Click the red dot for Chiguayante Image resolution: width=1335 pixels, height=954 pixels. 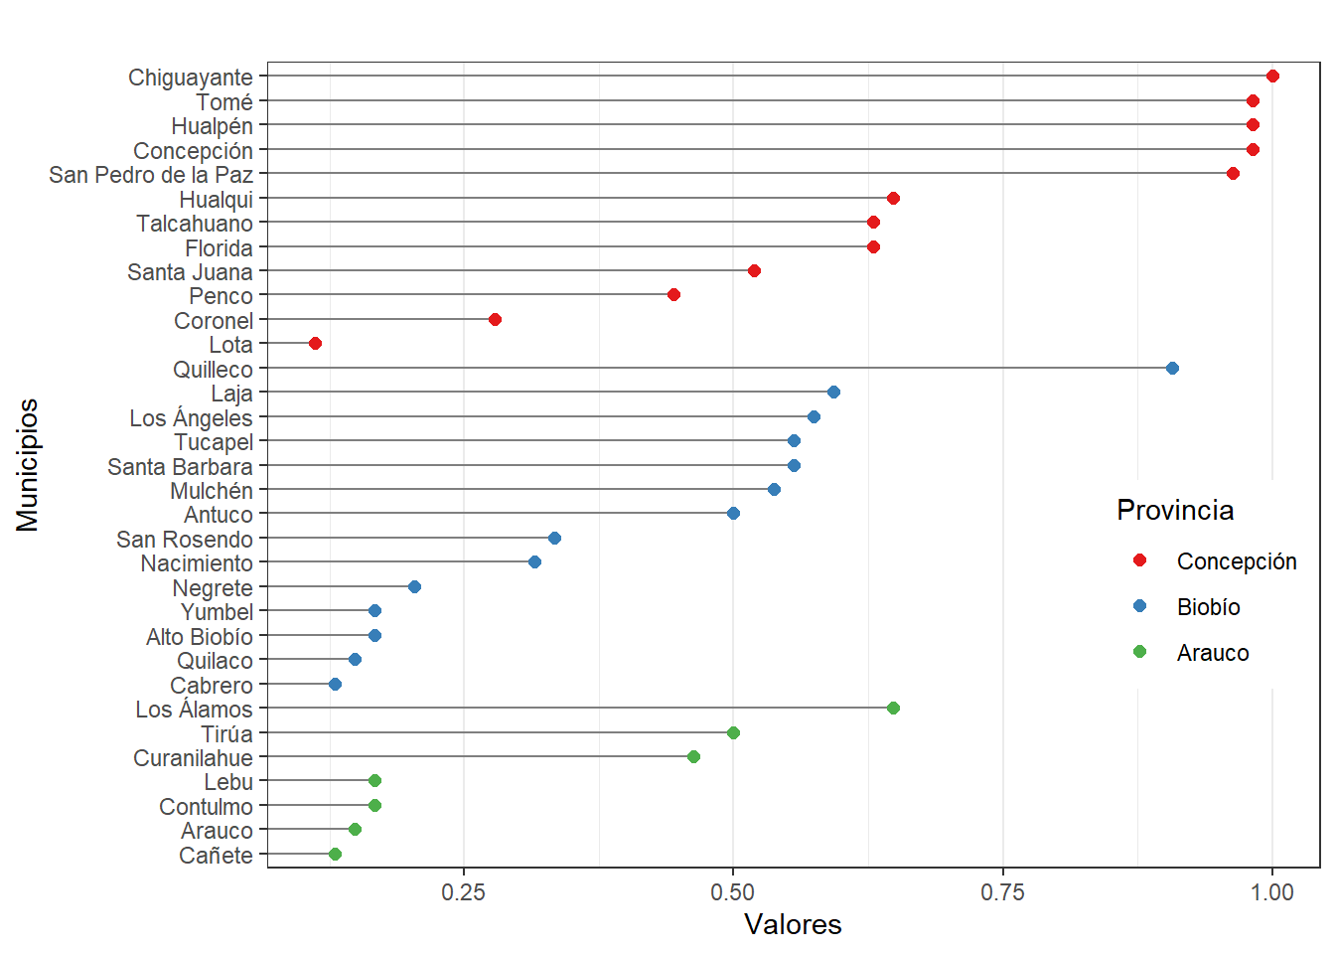[x=1272, y=77]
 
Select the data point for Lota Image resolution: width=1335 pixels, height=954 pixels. [x=315, y=344]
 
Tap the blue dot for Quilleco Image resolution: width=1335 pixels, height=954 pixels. [x=1172, y=369]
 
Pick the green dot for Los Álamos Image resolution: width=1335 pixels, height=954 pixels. [x=893, y=709]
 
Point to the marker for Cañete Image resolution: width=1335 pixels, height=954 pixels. [x=335, y=855]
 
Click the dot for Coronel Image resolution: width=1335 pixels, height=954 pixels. [x=495, y=320]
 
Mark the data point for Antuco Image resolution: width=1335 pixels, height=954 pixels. [x=733, y=514]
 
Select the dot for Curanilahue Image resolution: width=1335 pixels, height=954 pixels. [x=693, y=757]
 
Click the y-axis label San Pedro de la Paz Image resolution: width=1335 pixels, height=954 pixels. [x=151, y=175]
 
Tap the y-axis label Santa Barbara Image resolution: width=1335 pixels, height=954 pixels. [x=180, y=467]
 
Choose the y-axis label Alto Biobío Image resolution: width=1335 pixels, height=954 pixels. [x=199, y=637]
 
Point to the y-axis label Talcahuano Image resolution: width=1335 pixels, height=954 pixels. [x=195, y=224]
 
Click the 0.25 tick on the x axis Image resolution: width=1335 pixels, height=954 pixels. [x=463, y=892]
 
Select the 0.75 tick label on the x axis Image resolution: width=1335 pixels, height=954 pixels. [x=1002, y=892]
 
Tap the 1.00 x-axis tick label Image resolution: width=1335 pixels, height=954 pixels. [x=1272, y=892]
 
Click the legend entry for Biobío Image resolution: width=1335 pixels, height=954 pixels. [x=1208, y=607]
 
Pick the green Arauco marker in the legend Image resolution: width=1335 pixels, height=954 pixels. [x=1139, y=652]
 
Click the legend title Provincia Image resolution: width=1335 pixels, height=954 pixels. [x=1175, y=510]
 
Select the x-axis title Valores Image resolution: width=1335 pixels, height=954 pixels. [x=793, y=924]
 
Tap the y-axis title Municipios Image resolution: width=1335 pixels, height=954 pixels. [x=28, y=465]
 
